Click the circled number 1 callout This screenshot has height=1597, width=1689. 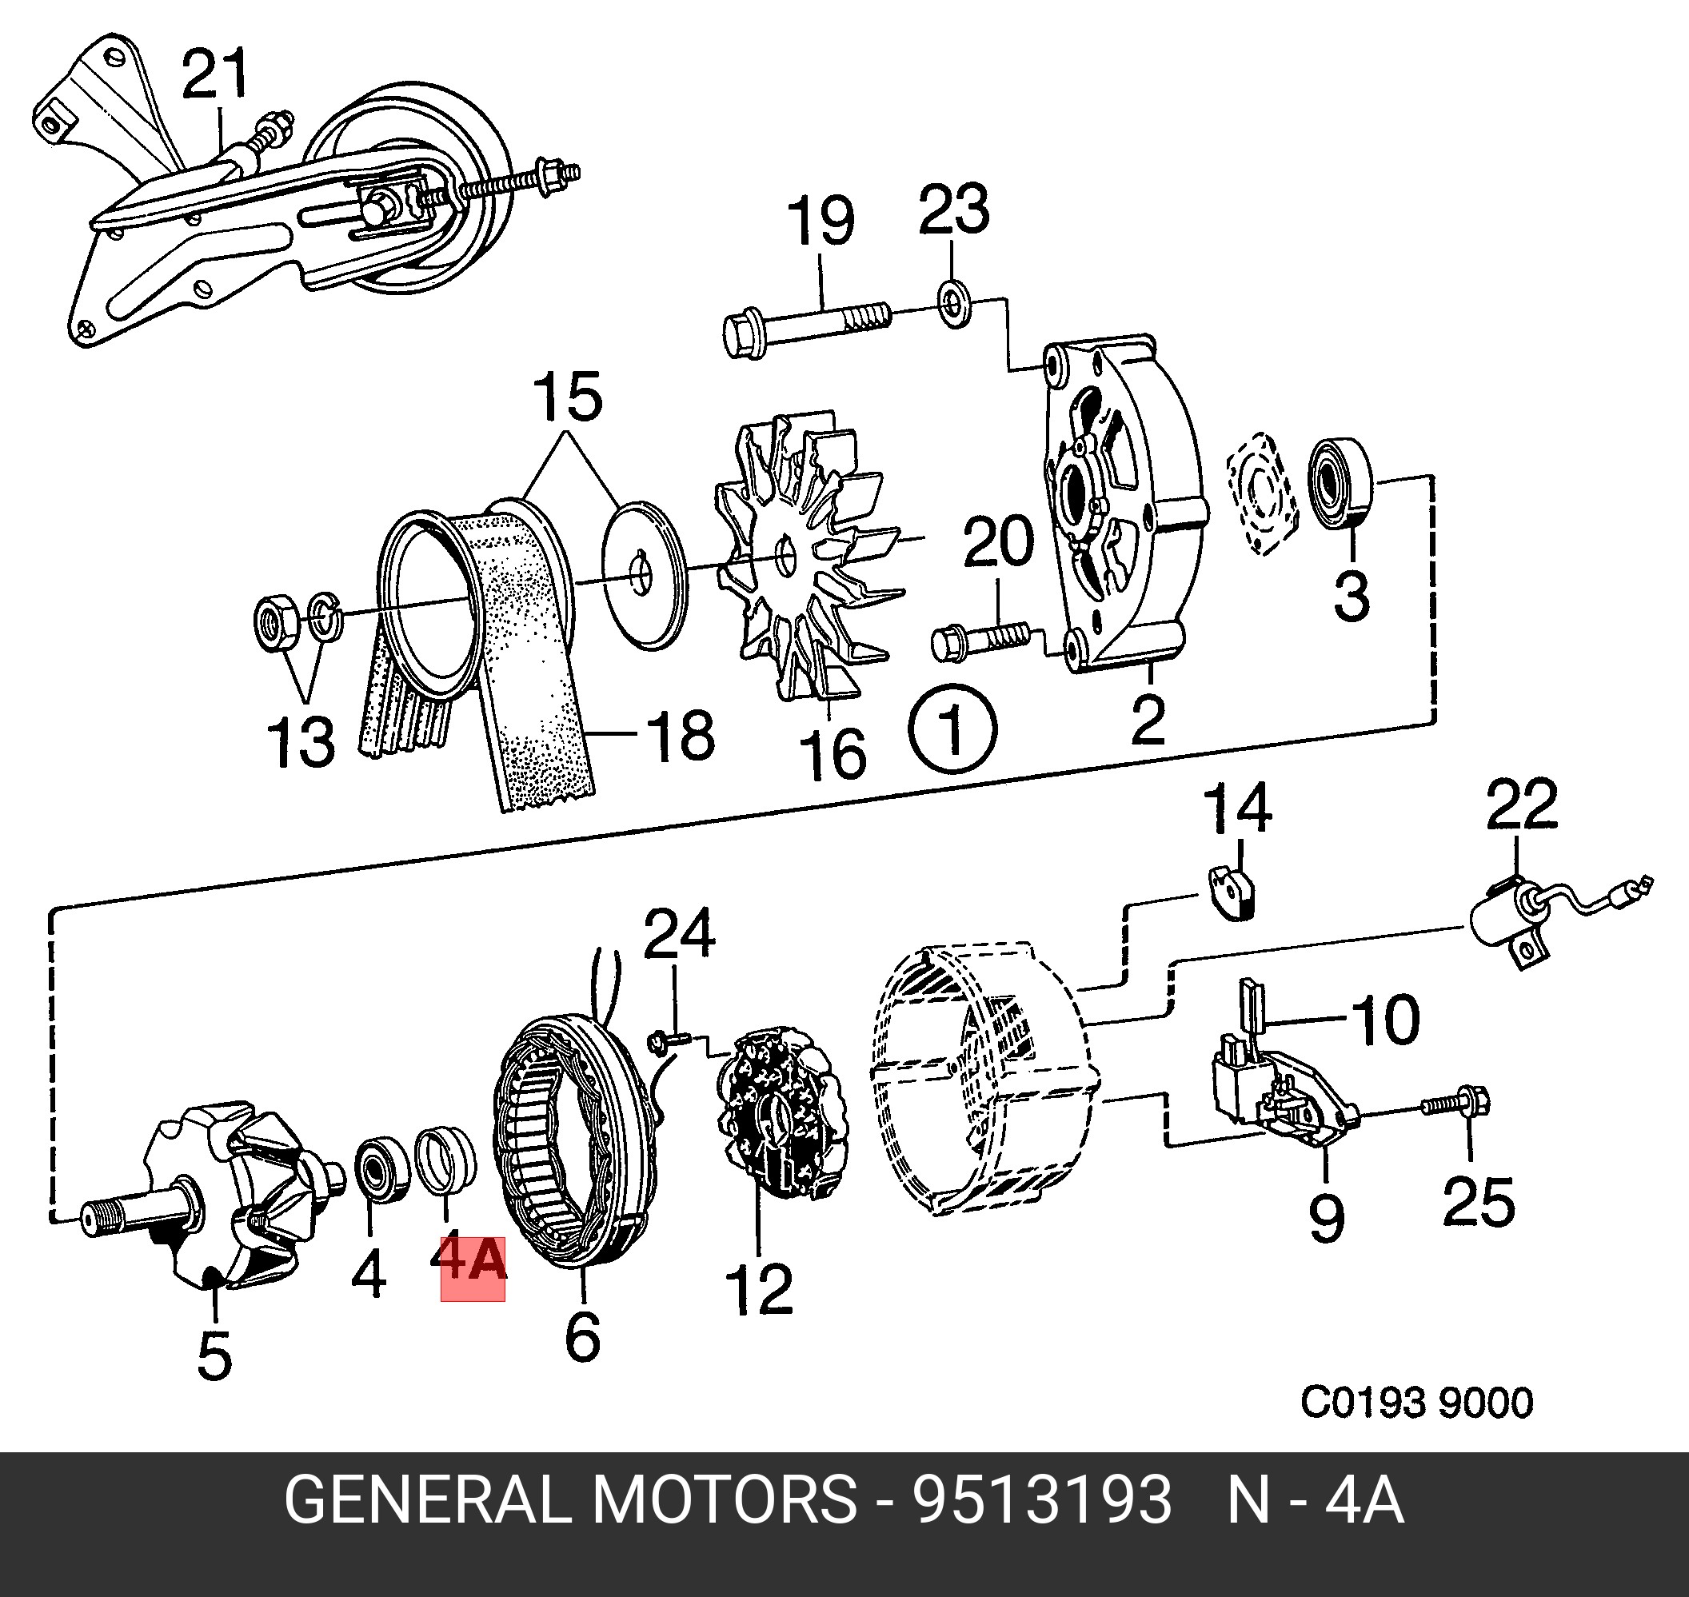point(952,729)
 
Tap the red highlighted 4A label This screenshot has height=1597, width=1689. point(473,1268)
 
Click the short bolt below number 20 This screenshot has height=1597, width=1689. point(979,641)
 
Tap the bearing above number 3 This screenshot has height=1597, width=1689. point(1341,481)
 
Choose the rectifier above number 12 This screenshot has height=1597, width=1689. point(781,1115)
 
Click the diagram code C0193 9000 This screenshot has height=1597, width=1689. point(1415,1402)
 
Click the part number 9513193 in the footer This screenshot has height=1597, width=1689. point(1042,1500)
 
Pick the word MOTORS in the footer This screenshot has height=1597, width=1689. point(724,1500)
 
